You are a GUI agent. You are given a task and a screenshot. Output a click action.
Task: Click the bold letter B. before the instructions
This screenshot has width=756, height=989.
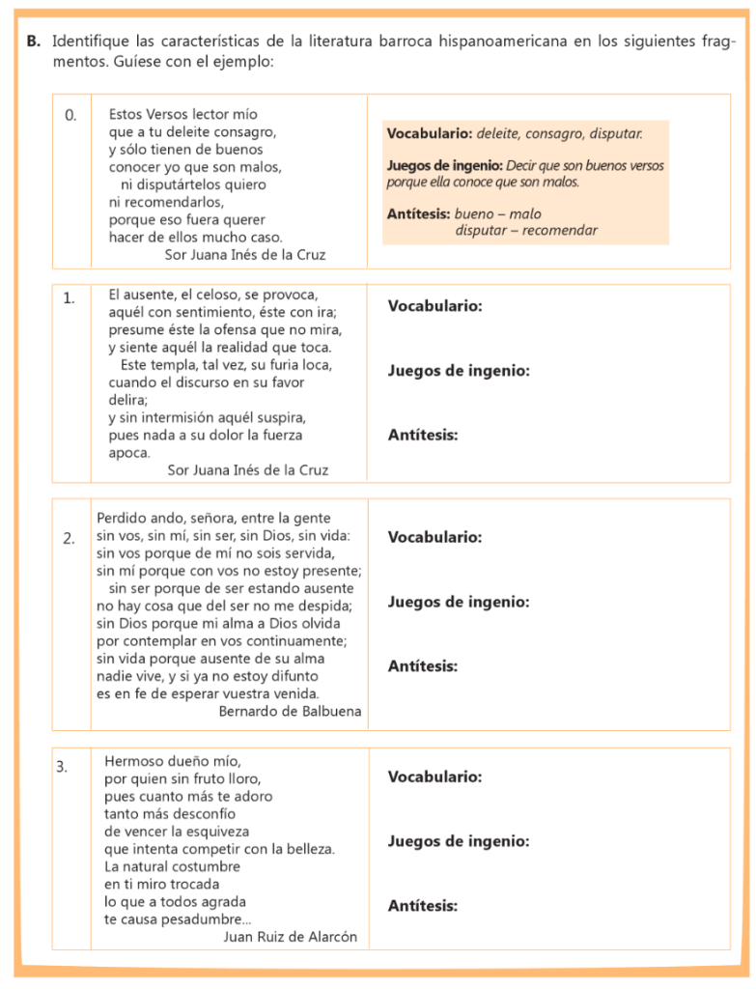tap(33, 42)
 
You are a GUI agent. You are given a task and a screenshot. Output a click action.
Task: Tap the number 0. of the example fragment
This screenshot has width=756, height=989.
tap(70, 115)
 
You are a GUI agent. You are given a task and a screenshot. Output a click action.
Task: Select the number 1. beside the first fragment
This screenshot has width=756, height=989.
tap(70, 298)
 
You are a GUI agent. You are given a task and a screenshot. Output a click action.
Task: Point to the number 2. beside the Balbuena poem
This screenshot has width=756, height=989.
tap(70, 538)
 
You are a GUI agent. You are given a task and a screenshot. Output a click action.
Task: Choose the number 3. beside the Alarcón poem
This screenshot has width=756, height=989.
tap(63, 767)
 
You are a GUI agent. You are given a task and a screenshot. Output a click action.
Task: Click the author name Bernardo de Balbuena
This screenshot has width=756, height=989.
tap(290, 711)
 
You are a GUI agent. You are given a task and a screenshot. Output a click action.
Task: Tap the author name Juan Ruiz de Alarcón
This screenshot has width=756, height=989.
tap(290, 936)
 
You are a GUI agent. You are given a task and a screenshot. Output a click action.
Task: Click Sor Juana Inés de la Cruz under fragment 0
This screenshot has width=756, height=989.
tap(246, 255)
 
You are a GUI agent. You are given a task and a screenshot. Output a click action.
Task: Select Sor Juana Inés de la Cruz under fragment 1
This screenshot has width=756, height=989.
tap(247, 470)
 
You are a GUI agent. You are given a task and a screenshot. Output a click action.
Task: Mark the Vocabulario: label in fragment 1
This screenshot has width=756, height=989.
tap(434, 306)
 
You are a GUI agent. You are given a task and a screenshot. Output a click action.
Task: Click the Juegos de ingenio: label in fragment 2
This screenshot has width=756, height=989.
tap(458, 602)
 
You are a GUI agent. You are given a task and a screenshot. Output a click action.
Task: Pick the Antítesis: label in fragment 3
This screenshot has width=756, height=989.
tap(422, 905)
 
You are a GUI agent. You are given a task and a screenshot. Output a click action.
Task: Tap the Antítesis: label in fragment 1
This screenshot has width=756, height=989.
tap(422, 436)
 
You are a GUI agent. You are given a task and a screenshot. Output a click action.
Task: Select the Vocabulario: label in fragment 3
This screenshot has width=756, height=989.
tap(434, 777)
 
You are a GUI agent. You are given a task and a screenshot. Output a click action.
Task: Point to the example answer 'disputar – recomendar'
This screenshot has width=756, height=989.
tap(526, 231)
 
